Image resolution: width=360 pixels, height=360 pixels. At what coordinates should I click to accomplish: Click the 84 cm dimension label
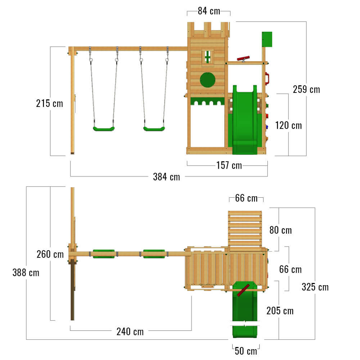(209, 11)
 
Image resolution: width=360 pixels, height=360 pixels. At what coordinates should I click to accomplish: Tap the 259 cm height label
(306, 89)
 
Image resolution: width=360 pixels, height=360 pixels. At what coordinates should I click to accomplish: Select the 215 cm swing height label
(49, 103)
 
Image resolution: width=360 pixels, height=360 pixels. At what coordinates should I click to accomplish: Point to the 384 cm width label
(166, 177)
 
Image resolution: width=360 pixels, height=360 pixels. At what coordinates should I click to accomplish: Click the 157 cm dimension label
(229, 165)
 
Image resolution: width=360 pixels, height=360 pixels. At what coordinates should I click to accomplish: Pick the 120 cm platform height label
(288, 126)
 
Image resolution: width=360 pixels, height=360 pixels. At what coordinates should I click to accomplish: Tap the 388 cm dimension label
(26, 273)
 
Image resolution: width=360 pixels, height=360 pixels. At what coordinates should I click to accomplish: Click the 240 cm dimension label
(130, 332)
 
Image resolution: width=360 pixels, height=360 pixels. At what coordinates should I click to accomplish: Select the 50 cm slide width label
(246, 351)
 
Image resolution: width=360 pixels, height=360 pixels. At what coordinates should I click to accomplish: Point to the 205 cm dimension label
(280, 311)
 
